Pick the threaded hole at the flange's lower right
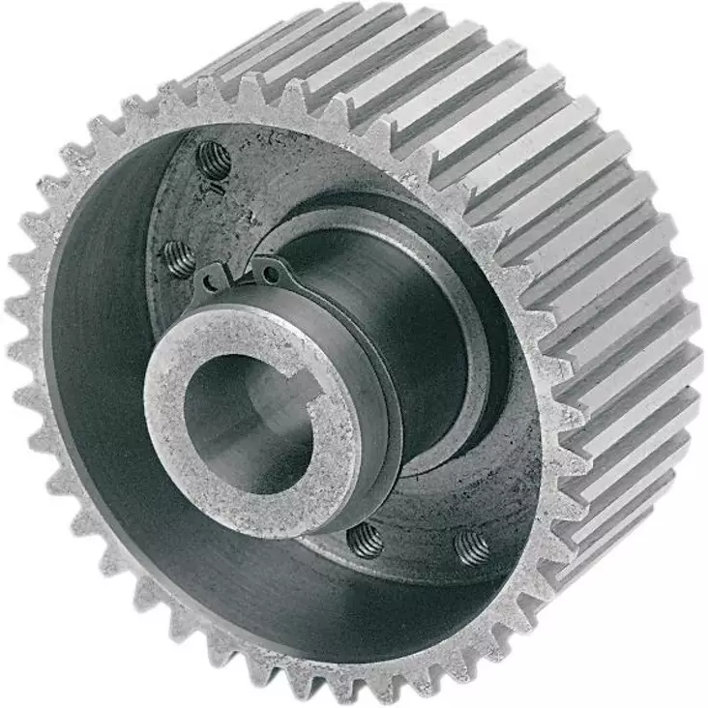pos(472,546)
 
